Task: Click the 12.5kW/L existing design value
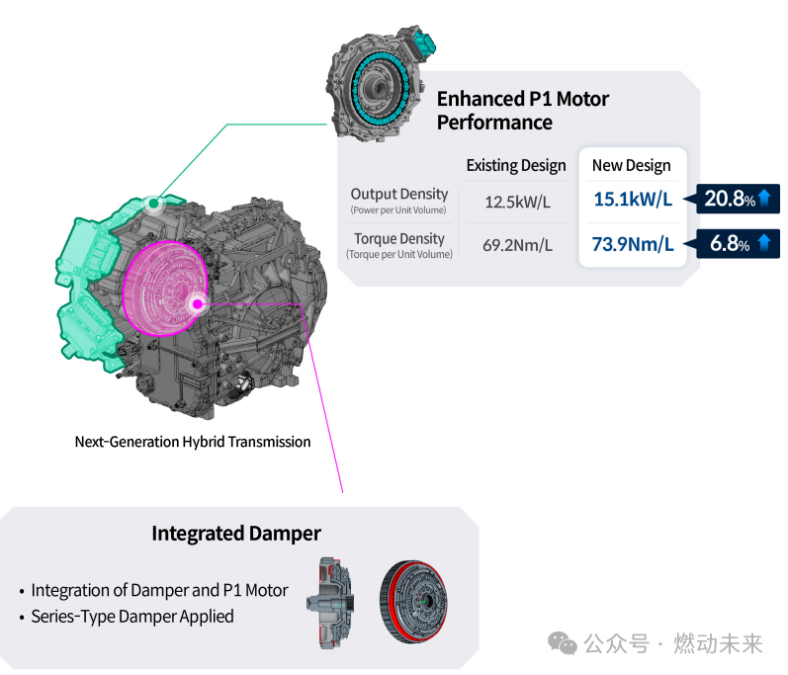[517, 202]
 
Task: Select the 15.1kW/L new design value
[633, 200]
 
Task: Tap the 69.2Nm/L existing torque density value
[517, 245]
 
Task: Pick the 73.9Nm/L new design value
[633, 244]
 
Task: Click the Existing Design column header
[516, 166]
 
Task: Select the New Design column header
[631, 165]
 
